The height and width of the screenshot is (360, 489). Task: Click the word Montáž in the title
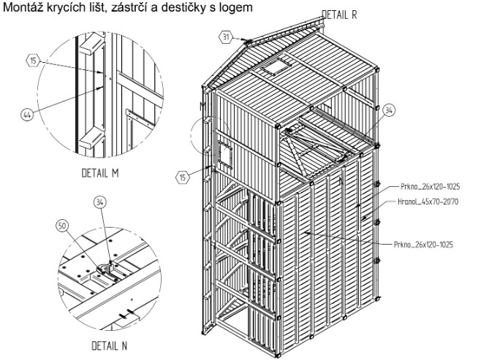pyautogui.click(x=23, y=7)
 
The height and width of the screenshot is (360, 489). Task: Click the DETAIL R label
pyautogui.click(x=339, y=15)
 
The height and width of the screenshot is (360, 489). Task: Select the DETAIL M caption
pyautogui.click(x=100, y=173)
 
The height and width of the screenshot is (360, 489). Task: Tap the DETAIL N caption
pyautogui.click(x=110, y=345)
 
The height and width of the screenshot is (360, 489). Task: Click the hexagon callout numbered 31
pyautogui.click(x=225, y=37)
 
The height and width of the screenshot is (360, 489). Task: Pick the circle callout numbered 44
pyautogui.click(x=27, y=115)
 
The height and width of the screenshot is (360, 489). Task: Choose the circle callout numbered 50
pyautogui.click(x=62, y=226)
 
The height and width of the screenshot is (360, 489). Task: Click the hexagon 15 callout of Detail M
pyautogui.click(x=34, y=61)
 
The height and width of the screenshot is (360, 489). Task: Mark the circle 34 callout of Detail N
pyautogui.click(x=99, y=202)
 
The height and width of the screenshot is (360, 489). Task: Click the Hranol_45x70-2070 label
pyautogui.click(x=428, y=202)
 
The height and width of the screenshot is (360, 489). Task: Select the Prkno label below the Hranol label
pyautogui.click(x=423, y=245)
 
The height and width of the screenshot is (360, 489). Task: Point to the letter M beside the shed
pyautogui.click(x=203, y=107)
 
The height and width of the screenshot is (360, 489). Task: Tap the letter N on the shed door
pyautogui.click(x=341, y=181)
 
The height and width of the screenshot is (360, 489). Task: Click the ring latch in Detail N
pyautogui.click(x=105, y=269)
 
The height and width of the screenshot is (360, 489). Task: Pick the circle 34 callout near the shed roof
pyautogui.click(x=389, y=110)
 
